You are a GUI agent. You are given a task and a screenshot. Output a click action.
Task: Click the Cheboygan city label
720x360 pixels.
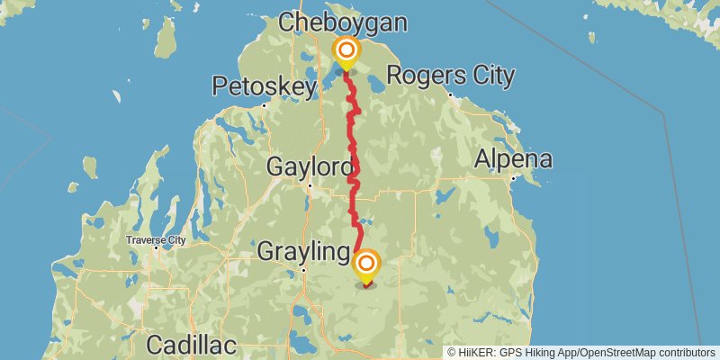pyautogui.click(x=355, y=22)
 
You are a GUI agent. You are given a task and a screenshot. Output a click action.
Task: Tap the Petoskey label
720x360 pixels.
pyautogui.click(x=265, y=86)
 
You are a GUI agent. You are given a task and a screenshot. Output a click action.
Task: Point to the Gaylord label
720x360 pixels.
pyautogui.click(x=310, y=166)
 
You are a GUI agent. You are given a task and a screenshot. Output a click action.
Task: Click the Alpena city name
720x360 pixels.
pyautogui.click(x=514, y=160)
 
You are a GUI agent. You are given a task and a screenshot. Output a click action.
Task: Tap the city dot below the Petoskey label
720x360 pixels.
pyautogui.click(x=264, y=105)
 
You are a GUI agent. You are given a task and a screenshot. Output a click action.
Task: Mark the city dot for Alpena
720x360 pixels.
pyautogui.click(x=512, y=178)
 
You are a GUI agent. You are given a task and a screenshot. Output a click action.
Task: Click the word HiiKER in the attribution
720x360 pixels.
pyautogui.click(x=478, y=352)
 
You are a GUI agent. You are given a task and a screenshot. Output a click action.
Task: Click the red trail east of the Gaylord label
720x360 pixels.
pyautogui.click(x=356, y=167)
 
